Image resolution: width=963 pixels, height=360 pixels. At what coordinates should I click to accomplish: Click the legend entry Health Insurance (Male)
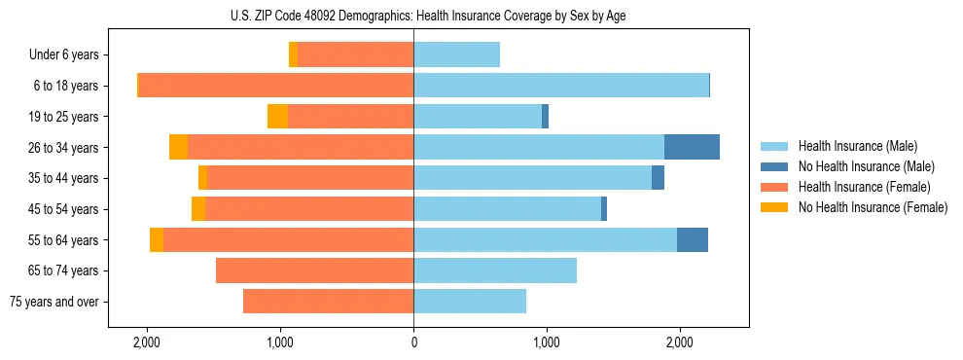coord(857,146)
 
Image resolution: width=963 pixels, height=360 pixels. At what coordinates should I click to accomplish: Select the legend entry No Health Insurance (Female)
coord(873,207)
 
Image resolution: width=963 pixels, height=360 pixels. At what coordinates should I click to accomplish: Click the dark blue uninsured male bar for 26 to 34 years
coord(692,147)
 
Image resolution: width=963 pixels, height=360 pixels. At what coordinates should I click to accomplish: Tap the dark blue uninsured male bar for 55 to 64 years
coord(693,239)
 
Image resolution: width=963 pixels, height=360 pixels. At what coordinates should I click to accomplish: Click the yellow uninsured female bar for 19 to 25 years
coord(277,117)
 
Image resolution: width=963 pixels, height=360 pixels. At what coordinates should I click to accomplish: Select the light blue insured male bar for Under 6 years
coord(456,54)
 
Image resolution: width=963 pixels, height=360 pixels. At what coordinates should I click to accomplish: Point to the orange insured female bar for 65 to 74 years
coord(314,270)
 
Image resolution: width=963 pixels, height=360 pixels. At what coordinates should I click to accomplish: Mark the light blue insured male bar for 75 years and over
coord(470,302)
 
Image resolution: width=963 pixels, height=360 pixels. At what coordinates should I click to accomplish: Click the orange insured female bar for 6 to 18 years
coord(276,86)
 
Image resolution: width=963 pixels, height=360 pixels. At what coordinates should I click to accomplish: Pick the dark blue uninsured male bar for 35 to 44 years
coord(658,178)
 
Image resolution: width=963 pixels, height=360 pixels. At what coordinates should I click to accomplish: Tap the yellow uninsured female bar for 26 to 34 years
coord(178,147)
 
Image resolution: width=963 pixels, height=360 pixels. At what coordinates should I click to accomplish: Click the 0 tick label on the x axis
coord(413,342)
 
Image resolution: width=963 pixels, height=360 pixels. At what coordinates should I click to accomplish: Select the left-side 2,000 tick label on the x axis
coord(147,342)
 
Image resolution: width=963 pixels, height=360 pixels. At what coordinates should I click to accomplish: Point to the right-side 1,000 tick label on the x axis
coord(547,342)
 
